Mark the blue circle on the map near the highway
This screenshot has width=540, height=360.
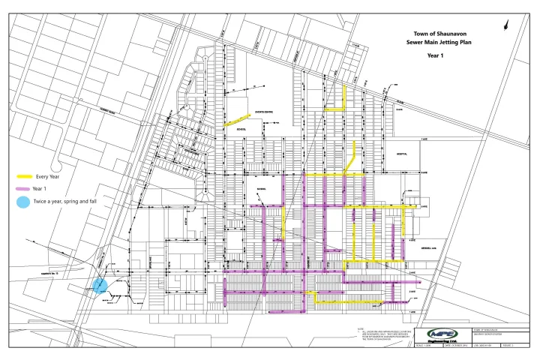pos(100,285)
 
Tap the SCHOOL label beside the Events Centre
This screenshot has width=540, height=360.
pos(241,127)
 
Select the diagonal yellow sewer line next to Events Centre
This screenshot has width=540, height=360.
pos(236,120)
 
